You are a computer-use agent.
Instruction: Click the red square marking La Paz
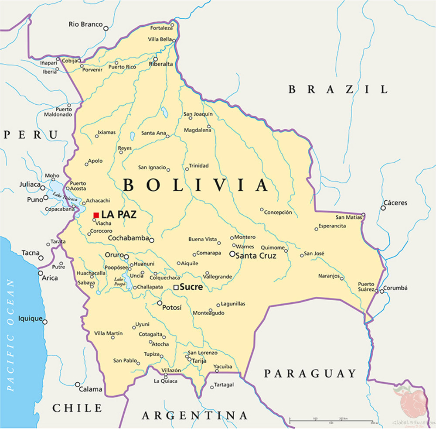pyautogui.click(x=96, y=215)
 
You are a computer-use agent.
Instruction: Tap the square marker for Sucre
pyautogui.click(x=176, y=288)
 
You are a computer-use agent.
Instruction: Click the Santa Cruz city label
pyautogui.click(x=256, y=256)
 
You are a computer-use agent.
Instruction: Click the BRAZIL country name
pyautogui.click(x=338, y=89)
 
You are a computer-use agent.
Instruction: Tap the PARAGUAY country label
pyautogui.click(x=310, y=374)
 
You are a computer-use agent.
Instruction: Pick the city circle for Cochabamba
pyautogui.click(x=152, y=240)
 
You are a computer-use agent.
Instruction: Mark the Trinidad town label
pyautogui.click(x=199, y=166)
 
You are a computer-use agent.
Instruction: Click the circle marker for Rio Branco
pyautogui.click(x=106, y=28)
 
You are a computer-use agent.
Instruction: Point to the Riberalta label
pyautogui.click(x=161, y=64)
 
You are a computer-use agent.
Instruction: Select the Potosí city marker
pyautogui.click(x=160, y=303)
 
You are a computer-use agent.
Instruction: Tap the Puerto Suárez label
pyautogui.click(x=366, y=286)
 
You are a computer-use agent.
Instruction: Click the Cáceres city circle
pyautogui.click(x=383, y=208)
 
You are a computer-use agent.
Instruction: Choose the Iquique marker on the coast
pyautogui.click(x=45, y=322)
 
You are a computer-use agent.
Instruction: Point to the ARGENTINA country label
pyautogui.click(x=194, y=415)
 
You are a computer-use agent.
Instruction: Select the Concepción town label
pyautogui.click(x=278, y=213)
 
